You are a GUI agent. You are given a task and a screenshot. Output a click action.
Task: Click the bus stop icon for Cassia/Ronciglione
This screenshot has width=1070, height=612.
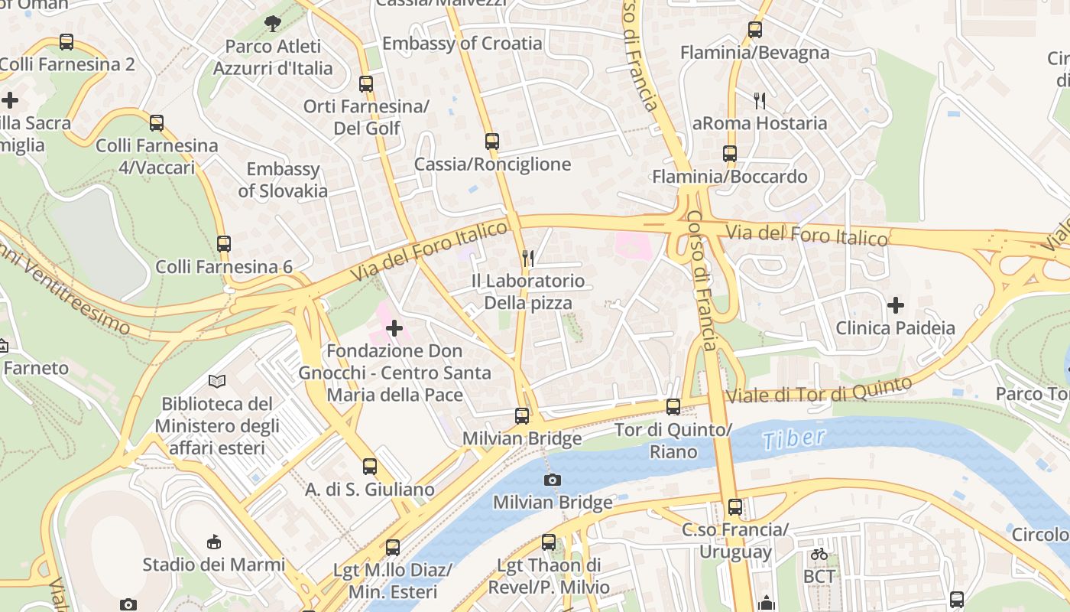[492, 142]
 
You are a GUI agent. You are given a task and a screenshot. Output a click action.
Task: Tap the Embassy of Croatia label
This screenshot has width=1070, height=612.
[462, 44]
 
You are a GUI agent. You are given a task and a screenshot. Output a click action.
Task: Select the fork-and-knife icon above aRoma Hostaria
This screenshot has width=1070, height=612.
[759, 100]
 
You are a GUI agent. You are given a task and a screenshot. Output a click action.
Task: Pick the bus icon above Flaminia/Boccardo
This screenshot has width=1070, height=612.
[730, 154]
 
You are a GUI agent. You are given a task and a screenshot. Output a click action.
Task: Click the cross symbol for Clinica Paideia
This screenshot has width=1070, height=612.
[895, 305]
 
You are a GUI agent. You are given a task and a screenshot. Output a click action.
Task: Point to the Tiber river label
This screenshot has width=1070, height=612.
[793, 438]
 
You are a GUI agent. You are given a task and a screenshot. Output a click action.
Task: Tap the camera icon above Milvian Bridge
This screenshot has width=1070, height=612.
[552, 480]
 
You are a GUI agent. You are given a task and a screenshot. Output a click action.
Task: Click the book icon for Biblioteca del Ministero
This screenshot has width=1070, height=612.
[217, 380]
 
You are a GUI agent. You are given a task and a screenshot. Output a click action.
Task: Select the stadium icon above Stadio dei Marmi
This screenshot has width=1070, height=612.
[214, 542]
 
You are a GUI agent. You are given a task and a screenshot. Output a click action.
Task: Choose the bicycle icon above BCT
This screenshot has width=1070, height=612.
[819, 553]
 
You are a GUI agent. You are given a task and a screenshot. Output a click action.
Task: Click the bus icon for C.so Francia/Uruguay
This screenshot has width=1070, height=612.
[734, 506]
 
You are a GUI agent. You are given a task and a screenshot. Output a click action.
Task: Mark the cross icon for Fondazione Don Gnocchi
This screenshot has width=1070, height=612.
[394, 328]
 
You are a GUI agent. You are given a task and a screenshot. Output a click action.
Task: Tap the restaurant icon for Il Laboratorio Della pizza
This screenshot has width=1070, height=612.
[527, 258]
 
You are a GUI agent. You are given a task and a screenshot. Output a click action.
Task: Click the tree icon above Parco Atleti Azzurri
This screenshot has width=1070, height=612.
[272, 24]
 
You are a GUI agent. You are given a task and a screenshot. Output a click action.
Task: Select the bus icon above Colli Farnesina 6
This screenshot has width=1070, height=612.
[224, 244]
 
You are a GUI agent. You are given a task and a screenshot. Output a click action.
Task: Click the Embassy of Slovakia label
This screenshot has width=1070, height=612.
[283, 180]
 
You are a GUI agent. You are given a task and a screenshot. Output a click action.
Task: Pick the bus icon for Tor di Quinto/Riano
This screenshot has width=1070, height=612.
[673, 407]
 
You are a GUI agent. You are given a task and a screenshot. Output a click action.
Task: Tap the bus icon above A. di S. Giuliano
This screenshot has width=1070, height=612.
[370, 466]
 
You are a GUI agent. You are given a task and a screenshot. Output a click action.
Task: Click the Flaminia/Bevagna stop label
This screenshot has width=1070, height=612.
[754, 53]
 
